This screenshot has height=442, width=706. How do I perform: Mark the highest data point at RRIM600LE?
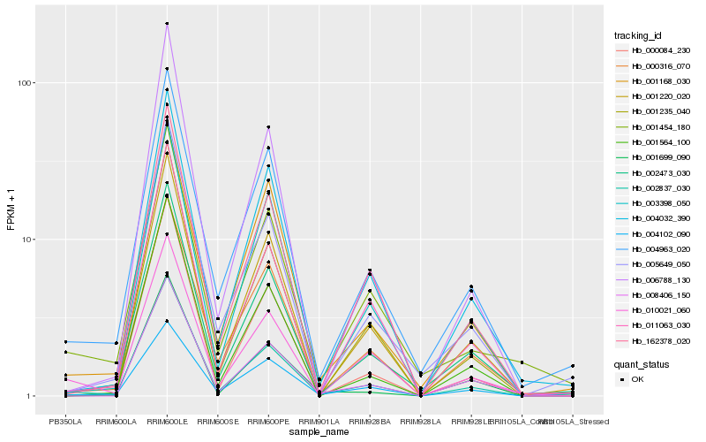pyautogui.click(x=167, y=24)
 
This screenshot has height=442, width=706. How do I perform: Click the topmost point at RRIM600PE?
pyautogui.click(x=268, y=127)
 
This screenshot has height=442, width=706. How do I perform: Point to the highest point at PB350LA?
pyautogui.click(x=65, y=341)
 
